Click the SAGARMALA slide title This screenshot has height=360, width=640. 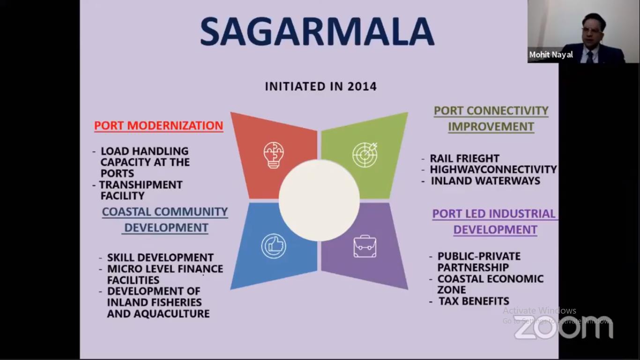(317, 31)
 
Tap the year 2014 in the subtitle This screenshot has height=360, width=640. (362, 86)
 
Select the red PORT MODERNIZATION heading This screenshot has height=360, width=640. (158, 126)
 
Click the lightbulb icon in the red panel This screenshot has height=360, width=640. (274, 155)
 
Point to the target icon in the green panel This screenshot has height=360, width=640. (365, 155)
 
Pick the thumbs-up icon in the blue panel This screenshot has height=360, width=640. (274, 246)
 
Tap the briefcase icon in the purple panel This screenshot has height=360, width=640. (365, 246)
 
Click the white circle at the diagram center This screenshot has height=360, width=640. (319, 200)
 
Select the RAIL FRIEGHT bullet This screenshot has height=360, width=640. (465, 158)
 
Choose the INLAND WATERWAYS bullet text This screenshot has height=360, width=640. (485, 181)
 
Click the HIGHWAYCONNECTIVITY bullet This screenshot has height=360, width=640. (493, 169)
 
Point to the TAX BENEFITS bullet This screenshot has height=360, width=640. (474, 301)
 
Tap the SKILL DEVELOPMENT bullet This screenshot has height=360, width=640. (160, 257)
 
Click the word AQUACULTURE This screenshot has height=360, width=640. (172, 314)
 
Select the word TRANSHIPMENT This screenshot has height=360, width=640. (141, 185)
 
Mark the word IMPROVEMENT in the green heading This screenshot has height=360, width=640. (491, 127)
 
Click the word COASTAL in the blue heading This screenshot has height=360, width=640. (127, 212)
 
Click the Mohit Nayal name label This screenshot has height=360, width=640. (551, 55)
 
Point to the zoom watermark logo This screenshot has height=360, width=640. (564, 328)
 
